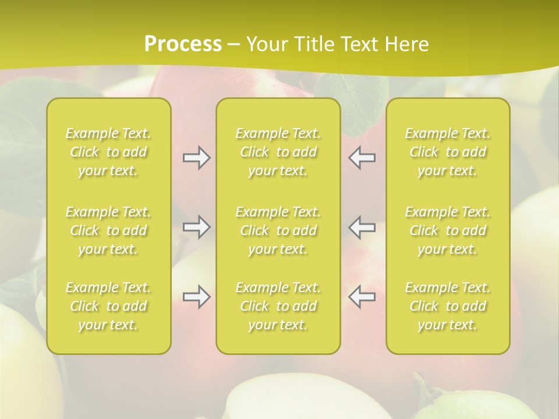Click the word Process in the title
point(183,44)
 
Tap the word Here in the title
point(408,44)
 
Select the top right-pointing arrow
point(197,158)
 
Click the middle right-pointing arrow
point(197,227)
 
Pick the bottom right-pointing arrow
point(197,297)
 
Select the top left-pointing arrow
point(362,158)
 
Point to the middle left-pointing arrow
point(362,227)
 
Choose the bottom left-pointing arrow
point(362,297)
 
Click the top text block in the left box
point(108,152)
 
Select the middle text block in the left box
point(108,230)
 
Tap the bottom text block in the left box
point(108,306)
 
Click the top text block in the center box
point(278,152)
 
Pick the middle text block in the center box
point(278,230)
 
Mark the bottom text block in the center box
point(278,306)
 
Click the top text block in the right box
point(448,152)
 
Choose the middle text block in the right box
point(448,230)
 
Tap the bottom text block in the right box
point(448,306)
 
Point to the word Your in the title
point(266,44)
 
